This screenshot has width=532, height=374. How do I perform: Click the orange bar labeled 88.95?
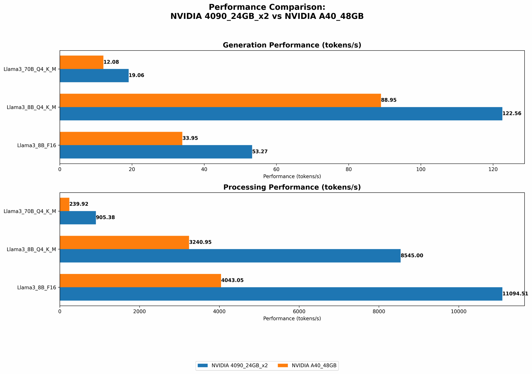click(220, 100)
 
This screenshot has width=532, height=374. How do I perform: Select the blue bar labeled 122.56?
click(281, 114)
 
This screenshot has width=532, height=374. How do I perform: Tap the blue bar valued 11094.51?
click(281, 294)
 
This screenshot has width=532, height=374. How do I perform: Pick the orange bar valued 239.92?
click(65, 204)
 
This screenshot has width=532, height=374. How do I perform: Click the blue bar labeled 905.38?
click(78, 218)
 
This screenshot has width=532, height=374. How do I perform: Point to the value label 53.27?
click(260, 152)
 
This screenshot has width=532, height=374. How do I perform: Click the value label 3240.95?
click(200, 242)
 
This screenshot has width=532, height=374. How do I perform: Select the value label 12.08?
click(111, 62)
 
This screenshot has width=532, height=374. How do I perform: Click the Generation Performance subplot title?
click(292, 45)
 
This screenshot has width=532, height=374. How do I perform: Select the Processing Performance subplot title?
click(292, 187)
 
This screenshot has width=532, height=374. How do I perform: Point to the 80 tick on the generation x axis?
click(348, 169)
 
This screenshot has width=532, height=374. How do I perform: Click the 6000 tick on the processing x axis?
click(299, 311)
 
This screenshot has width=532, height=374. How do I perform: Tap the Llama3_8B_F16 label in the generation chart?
click(36, 146)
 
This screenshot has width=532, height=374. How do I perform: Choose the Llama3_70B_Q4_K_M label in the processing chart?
click(30, 211)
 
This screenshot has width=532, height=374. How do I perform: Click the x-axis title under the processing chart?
click(292, 318)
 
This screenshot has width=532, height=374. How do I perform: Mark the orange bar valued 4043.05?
click(140, 280)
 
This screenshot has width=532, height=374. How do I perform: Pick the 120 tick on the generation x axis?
click(493, 169)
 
